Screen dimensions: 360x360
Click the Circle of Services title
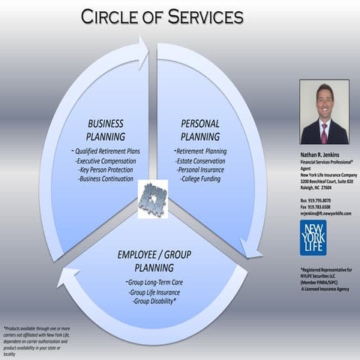tap(161, 16)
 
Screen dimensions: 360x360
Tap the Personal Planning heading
tap(200, 130)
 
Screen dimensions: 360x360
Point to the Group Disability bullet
tap(153, 301)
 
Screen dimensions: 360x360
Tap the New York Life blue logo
tap(313, 238)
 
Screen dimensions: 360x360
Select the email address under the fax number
tap(325, 213)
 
